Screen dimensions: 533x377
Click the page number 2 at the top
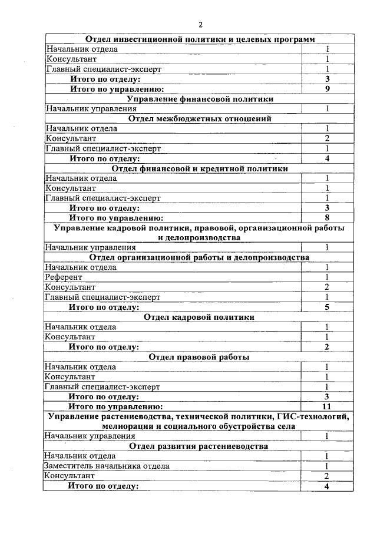pyautogui.click(x=200, y=25)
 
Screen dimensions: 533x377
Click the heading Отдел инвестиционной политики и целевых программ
pyautogui.click(x=200, y=39)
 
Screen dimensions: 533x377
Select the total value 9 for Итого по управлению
pyautogui.click(x=327, y=89)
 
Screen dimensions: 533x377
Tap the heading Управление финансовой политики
pyautogui.click(x=200, y=99)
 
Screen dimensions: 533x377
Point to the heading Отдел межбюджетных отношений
pyautogui.click(x=200, y=118)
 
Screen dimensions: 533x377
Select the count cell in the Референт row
pyautogui.click(x=327, y=277)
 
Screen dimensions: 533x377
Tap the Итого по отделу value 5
pyautogui.click(x=327, y=307)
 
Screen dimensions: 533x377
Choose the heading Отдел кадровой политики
pyautogui.click(x=200, y=317)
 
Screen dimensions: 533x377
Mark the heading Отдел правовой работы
pyautogui.click(x=200, y=357)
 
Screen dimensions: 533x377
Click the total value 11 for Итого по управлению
pyautogui.click(x=327, y=406)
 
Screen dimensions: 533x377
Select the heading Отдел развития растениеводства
pyautogui.click(x=200, y=446)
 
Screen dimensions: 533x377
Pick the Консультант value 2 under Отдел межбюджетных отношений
pyautogui.click(x=327, y=138)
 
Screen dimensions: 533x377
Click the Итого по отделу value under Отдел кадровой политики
pyautogui.click(x=327, y=347)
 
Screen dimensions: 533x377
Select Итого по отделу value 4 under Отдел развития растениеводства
pyautogui.click(x=327, y=486)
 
